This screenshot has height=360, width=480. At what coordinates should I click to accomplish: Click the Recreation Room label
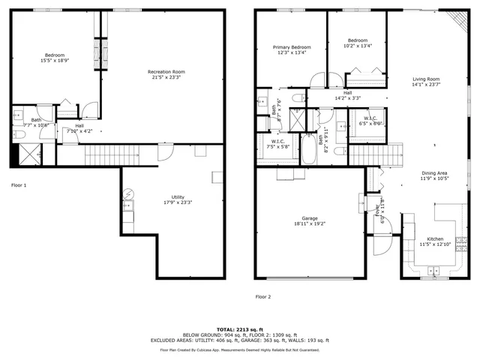166,72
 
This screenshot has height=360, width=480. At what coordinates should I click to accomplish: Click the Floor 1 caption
19,184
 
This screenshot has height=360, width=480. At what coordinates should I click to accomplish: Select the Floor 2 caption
263,297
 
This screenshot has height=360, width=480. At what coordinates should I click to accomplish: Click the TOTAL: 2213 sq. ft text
240,328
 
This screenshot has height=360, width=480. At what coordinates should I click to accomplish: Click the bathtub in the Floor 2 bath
308,148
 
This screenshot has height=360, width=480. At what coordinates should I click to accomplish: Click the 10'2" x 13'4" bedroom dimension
358,46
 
